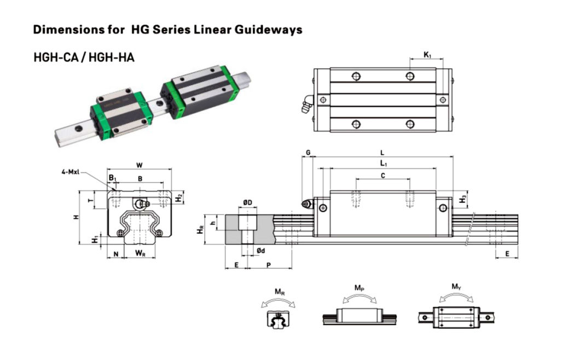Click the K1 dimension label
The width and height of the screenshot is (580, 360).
pyautogui.click(x=427, y=55)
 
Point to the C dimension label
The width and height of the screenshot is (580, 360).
pyautogui.click(x=382, y=175)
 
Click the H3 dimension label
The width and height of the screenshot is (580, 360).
pyautogui.click(x=463, y=199)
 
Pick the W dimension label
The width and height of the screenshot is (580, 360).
pyautogui.click(x=140, y=165)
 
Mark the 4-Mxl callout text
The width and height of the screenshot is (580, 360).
pyautogui.click(x=71, y=172)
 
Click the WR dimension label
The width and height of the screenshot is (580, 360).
pyautogui.click(x=140, y=253)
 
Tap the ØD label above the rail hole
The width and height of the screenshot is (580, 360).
pyautogui.click(x=247, y=204)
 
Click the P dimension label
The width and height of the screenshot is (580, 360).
pyautogui.click(x=269, y=264)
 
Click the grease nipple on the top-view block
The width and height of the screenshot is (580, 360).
pyautogui.click(x=305, y=104)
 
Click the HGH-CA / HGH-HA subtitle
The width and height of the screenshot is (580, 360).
pyautogui.click(x=84, y=57)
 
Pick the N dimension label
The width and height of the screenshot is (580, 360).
pyautogui.click(x=115, y=253)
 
